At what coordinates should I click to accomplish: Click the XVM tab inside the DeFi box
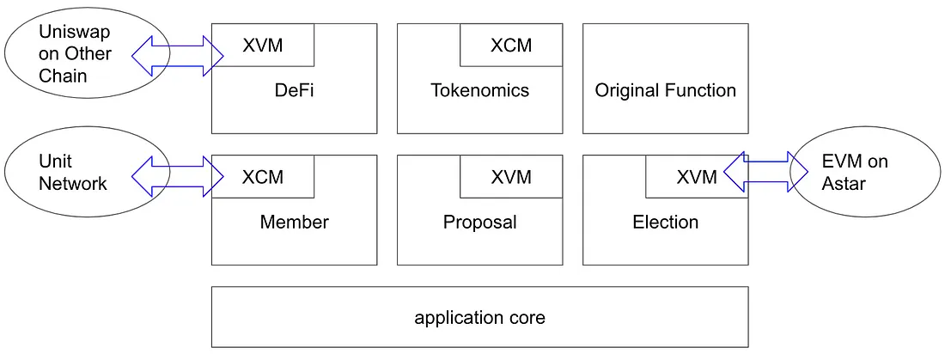pyautogui.click(x=263, y=46)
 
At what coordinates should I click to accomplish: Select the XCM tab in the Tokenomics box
pyautogui.click(x=511, y=46)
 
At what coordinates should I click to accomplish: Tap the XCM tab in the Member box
pyautogui.click(x=263, y=177)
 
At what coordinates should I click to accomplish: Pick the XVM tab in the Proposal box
pyautogui.click(x=511, y=177)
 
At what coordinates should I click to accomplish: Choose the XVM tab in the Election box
pyautogui.click(x=697, y=177)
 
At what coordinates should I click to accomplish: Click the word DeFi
pyautogui.click(x=295, y=90)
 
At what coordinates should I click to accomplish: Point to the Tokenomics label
pyautogui.click(x=479, y=90)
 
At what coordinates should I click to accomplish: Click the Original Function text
pyautogui.click(x=665, y=90)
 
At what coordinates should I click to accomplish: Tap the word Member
pyautogui.click(x=294, y=222)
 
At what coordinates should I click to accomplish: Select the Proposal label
pyautogui.click(x=479, y=223)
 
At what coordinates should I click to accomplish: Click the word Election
pyautogui.click(x=665, y=222)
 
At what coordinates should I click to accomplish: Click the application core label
pyautogui.click(x=479, y=318)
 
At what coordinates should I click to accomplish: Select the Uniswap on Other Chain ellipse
pyautogui.click(x=87, y=53)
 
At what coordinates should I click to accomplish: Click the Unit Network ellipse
pyautogui.click(x=87, y=171)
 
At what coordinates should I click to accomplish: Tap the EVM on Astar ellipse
pyautogui.click(x=865, y=171)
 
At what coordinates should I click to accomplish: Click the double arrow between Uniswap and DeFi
pyautogui.click(x=178, y=56)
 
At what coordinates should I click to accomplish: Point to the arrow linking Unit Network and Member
pyautogui.click(x=178, y=176)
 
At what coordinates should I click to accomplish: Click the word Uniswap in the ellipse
pyautogui.click(x=75, y=31)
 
